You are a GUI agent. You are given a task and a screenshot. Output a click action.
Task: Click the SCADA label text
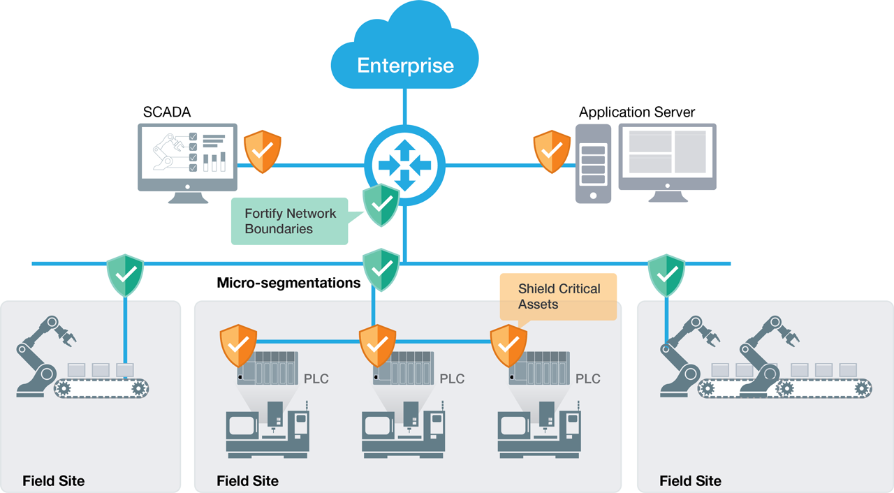coord(167,112)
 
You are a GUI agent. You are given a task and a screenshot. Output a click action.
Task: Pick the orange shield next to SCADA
coord(262,151)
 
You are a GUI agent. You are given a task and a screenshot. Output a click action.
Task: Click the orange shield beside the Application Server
coord(552,151)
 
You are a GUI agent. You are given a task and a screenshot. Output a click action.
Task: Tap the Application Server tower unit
coord(593,164)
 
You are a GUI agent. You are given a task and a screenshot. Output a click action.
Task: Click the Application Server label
coord(637,112)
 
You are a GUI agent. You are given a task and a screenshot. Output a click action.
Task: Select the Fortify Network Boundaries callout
coord(289,221)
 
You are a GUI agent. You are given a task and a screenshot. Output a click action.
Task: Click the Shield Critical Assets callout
coord(559,297)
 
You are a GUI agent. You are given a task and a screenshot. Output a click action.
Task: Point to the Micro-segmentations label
coord(288,283)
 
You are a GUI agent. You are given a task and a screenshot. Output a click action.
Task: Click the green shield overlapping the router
coord(381,205)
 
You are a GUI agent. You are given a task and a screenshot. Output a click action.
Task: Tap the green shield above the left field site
coord(125,275)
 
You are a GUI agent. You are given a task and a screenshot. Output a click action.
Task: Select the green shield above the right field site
coord(666,275)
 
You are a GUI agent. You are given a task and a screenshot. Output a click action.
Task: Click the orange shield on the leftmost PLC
coord(238,345)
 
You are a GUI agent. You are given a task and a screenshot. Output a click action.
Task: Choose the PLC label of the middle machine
coord(452,379)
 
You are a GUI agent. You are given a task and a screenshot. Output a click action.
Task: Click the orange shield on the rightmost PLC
coord(508,345)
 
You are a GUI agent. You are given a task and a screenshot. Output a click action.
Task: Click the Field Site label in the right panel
coord(690,481)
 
